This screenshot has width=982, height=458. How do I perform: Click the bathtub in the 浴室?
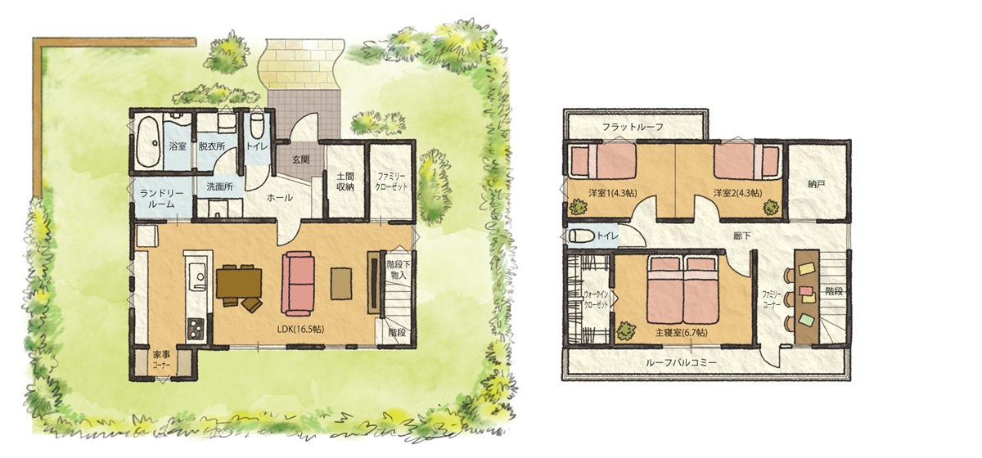point(148,141)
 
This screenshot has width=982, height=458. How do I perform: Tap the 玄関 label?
point(301,159)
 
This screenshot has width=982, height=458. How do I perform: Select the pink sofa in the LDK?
point(298,283)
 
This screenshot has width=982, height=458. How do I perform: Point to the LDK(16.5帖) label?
point(301,329)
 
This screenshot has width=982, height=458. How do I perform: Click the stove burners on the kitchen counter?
point(196,328)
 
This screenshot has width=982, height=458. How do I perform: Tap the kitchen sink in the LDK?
point(198,274)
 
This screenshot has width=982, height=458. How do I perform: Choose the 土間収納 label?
point(345,182)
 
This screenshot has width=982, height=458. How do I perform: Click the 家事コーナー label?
point(162,359)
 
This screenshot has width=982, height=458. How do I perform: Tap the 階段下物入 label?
point(399,270)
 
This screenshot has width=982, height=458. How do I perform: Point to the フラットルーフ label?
point(633,127)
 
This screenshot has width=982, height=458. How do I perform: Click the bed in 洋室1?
point(602,161)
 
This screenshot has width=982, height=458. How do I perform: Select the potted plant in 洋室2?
point(770,206)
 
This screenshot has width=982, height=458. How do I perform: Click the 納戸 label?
point(816,184)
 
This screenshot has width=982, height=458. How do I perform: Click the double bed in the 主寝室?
point(682,290)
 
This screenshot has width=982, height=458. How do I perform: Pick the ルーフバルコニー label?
point(681,363)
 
